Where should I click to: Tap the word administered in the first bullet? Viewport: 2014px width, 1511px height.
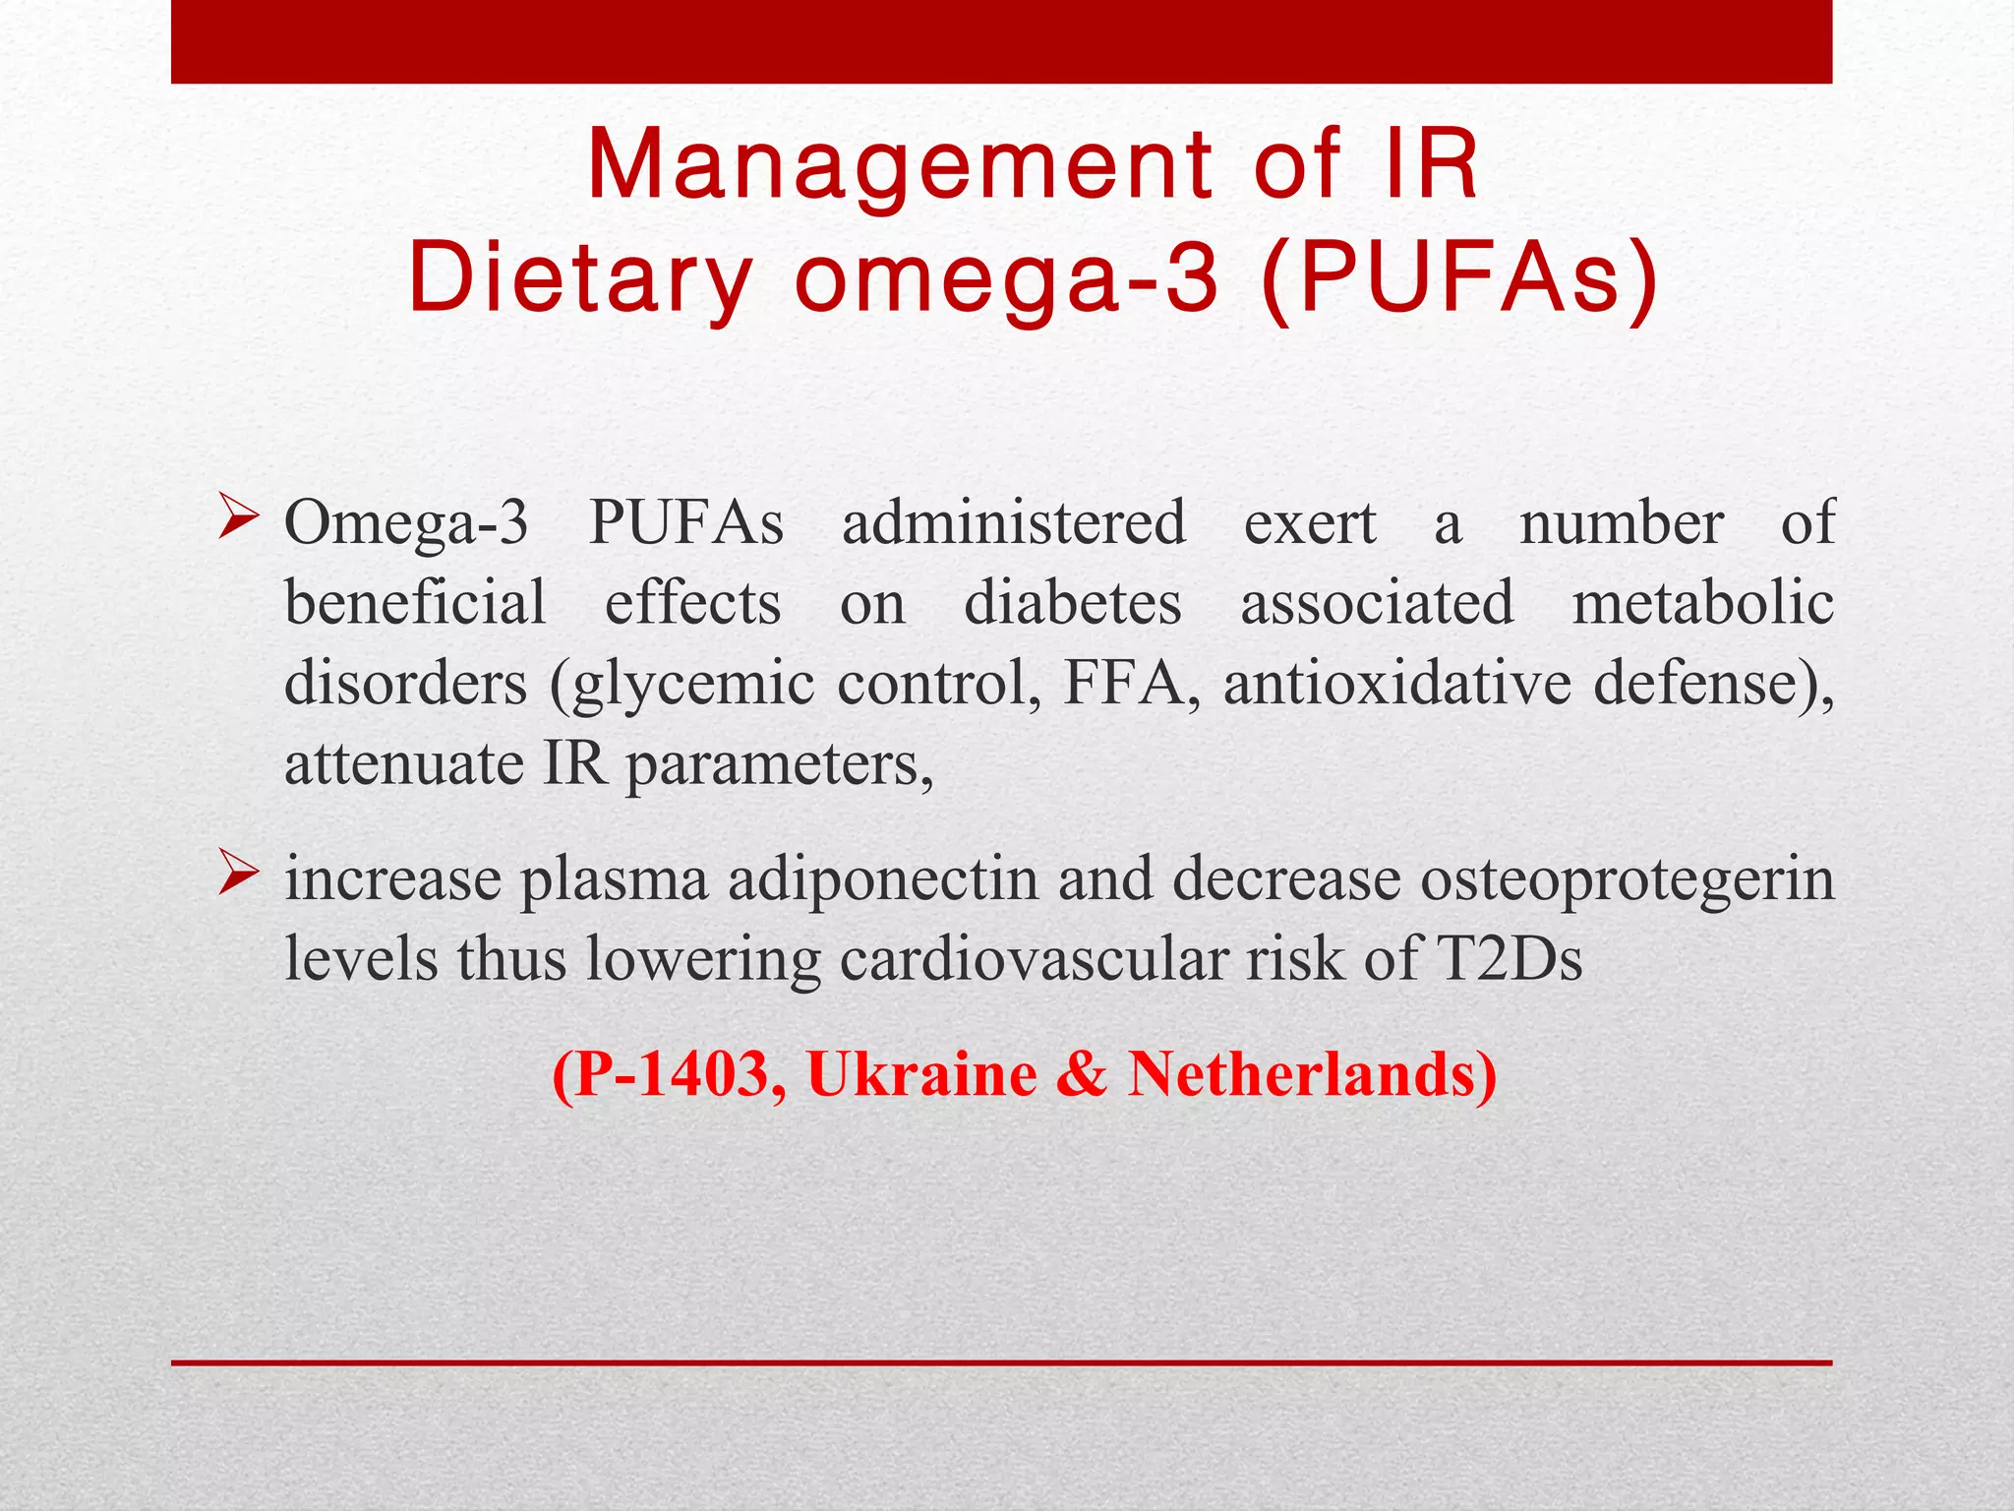click(x=1014, y=523)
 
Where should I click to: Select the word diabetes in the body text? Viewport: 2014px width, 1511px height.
click(x=1072, y=603)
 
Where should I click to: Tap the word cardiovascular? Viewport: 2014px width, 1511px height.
click(x=1033, y=959)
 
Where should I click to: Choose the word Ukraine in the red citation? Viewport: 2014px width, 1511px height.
click(x=921, y=1074)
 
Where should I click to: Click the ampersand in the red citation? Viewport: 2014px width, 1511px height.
click(x=1082, y=1074)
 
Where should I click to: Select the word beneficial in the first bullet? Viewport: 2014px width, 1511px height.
click(x=415, y=603)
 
